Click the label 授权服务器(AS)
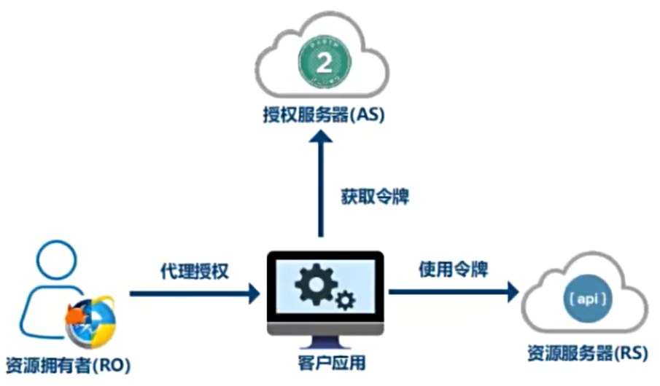(322, 117)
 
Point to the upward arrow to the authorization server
(319, 189)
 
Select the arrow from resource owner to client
(193, 294)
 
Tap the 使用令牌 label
(453, 269)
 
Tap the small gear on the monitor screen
(345, 299)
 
